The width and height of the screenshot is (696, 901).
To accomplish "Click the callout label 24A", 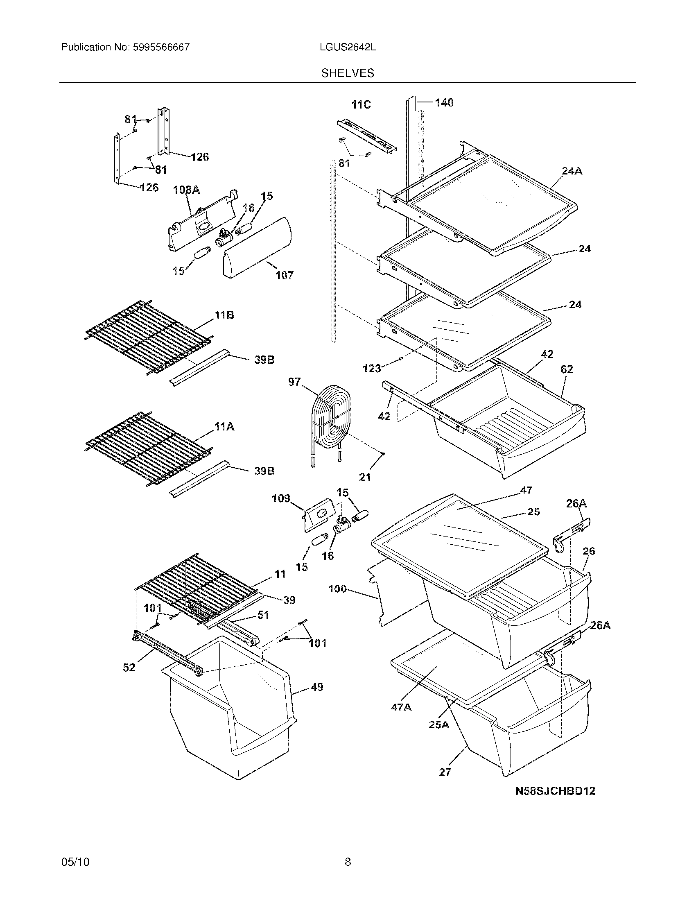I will click(572, 171).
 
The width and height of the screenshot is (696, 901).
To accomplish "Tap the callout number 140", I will click(444, 102).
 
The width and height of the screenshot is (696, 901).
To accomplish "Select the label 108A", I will click(186, 190).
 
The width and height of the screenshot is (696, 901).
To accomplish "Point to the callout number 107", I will click(285, 275).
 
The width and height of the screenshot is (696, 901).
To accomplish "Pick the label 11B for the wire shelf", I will click(224, 316).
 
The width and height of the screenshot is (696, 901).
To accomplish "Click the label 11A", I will click(224, 427).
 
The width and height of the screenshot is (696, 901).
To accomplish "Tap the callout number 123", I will click(371, 369).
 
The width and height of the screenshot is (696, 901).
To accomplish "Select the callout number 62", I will click(567, 369).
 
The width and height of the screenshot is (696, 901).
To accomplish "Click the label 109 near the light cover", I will click(281, 498).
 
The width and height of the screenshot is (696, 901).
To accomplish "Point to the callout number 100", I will click(337, 589).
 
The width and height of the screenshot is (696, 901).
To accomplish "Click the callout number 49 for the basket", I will click(316, 687).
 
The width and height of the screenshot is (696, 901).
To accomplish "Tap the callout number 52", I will click(129, 667).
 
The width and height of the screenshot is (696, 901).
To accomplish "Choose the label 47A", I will click(401, 708).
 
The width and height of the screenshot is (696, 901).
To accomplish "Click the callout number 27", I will click(445, 772).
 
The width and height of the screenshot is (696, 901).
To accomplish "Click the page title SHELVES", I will click(348, 73).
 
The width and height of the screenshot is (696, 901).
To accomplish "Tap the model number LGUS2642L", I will click(348, 47).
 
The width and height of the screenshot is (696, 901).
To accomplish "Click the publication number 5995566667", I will click(161, 47).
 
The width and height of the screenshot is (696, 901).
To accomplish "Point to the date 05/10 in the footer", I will click(75, 874).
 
